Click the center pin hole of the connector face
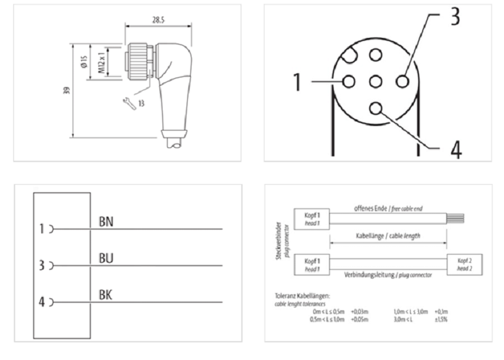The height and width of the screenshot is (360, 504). [375, 81]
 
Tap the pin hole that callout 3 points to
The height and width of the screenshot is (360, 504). [403, 81]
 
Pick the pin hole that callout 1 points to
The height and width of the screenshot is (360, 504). [348, 81]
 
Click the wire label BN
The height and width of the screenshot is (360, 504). [106, 222]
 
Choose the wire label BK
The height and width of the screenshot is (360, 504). [106, 294]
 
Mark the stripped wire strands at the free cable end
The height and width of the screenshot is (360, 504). [455, 218]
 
